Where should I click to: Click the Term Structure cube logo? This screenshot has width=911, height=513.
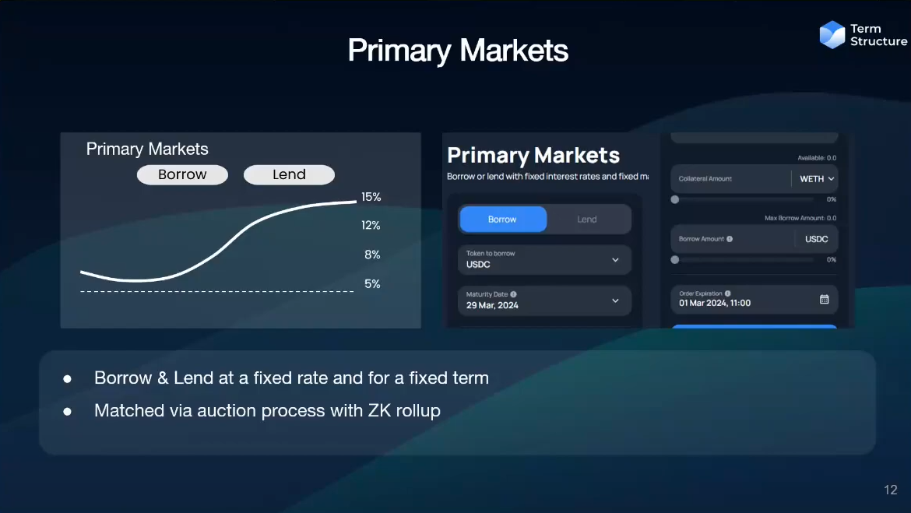(x=832, y=35)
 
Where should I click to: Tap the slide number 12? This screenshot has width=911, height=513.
(x=891, y=490)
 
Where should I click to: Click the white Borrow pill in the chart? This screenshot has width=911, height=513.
(x=182, y=175)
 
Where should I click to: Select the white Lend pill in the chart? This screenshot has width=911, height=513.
(x=289, y=175)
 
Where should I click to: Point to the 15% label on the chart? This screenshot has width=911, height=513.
(x=371, y=197)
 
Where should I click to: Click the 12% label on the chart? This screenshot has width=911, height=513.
(x=371, y=226)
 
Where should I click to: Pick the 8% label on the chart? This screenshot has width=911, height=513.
(x=372, y=255)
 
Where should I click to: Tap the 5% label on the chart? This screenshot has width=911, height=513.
(x=372, y=284)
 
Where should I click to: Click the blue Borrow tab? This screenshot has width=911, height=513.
(x=503, y=219)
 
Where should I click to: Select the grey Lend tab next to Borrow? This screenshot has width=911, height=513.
(x=587, y=219)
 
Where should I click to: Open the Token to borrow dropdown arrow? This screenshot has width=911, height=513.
(x=615, y=260)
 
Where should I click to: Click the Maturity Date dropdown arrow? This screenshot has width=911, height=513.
(x=615, y=300)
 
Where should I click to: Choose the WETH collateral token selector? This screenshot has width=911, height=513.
(x=817, y=179)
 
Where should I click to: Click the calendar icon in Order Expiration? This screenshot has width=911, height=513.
(x=825, y=299)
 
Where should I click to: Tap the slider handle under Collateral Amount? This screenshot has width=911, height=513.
(x=674, y=199)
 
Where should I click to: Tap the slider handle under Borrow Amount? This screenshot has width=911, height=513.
(x=674, y=260)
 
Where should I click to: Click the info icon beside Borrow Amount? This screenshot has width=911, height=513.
(x=730, y=239)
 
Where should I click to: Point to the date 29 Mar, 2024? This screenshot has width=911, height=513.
(x=492, y=306)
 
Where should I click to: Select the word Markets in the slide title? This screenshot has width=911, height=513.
(x=514, y=51)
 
